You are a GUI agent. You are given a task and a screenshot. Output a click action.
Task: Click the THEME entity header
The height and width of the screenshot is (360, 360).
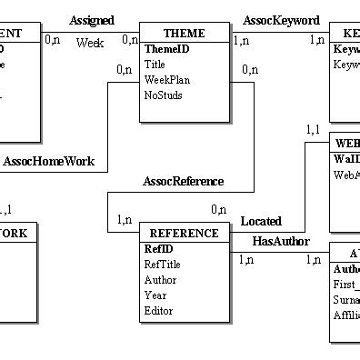tap(185, 34)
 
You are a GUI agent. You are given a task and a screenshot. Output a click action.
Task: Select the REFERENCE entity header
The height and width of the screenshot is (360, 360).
tap(184, 234)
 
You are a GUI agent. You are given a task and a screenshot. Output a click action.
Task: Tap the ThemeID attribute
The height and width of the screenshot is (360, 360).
tap(165, 49)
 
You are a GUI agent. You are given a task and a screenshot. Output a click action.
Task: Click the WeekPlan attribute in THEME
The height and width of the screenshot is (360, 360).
tap(167, 80)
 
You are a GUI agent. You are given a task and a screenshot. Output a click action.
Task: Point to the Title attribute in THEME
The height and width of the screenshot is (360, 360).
tap(155, 65)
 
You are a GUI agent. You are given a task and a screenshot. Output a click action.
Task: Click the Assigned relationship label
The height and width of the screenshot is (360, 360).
tap(92, 19)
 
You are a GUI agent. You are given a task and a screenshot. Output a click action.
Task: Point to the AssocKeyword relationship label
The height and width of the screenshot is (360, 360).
tap(281, 19)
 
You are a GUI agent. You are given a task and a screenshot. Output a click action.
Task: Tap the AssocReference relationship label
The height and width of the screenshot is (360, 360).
tap(183, 181)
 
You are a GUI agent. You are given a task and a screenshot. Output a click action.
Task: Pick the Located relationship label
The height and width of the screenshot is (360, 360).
tap(261, 221)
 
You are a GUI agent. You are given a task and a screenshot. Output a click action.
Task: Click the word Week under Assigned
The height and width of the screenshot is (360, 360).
tap(89, 42)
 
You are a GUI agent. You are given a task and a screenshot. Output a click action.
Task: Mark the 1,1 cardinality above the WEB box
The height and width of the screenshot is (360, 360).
tap(314, 129)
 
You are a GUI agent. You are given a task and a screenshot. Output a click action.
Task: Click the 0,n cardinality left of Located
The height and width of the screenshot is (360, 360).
tap(218, 210)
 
